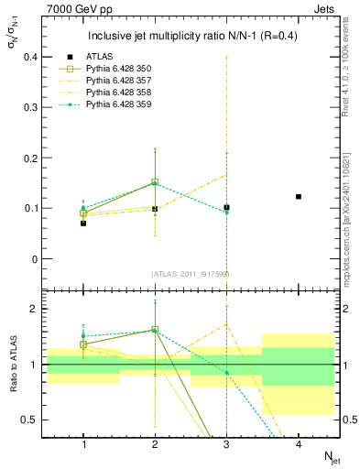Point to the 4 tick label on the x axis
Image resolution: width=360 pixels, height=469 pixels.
point(299,444)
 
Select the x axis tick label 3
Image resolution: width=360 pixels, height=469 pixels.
point(226,444)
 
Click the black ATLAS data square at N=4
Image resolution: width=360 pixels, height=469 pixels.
point(299,196)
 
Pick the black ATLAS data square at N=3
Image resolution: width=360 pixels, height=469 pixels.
point(226,207)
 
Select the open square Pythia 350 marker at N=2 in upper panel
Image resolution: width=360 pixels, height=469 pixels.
point(155,182)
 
